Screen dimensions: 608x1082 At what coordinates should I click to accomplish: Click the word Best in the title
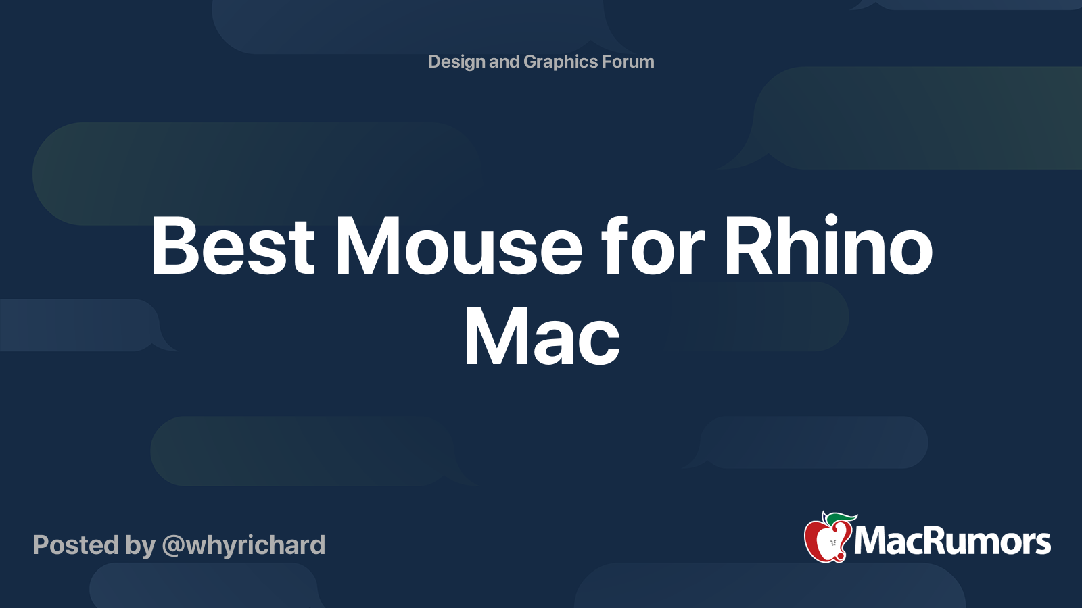(233, 246)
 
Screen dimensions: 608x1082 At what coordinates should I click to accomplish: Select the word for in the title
(653, 246)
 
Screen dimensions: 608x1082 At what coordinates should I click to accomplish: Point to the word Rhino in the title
(828, 246)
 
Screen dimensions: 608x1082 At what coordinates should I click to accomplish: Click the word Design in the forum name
(456, 61)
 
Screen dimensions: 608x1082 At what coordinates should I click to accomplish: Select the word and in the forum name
(504, 61)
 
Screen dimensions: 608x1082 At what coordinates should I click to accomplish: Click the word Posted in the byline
(76, 545)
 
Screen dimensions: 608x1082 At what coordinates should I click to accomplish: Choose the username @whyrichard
(243, 545)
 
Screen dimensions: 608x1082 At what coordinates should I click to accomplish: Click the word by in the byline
(140, 545)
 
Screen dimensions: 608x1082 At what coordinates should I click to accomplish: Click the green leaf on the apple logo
(840, 518)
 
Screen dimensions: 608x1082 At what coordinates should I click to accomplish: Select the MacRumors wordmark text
(952, 541)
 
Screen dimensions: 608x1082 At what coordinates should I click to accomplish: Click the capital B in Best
(174, 246)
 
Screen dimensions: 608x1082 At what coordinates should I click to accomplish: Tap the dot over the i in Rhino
(831, 219)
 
